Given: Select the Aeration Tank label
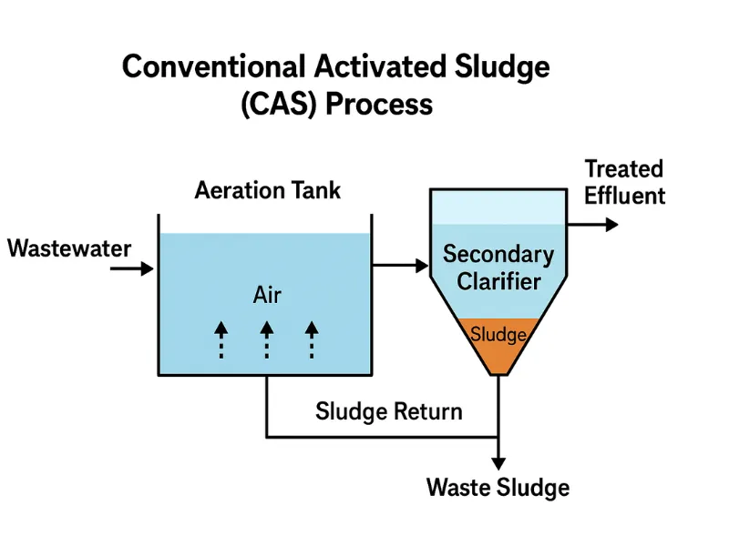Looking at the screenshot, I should pyautogui.click(x=268, y=190).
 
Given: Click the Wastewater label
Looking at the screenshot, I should pyautogui.click(x=69, y=248).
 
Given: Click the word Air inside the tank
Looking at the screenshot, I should pyautogui.click(x=267, y=296).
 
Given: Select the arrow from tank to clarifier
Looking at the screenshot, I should pyautogui.click(x=401, y=266).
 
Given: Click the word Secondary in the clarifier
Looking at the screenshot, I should pyautogui.click(x=498, y=254).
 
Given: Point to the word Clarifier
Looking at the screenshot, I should pyautogui.click(x=498, y=281).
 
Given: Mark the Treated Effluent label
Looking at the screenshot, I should pyautogui.click(x=624, y=182).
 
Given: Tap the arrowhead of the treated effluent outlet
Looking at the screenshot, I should pyautogui.click(x=611, y=223).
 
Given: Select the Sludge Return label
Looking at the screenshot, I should pyautogui.click(x=389, y=411).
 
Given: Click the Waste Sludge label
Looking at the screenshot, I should pyautogui.click(x=498, y=487).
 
